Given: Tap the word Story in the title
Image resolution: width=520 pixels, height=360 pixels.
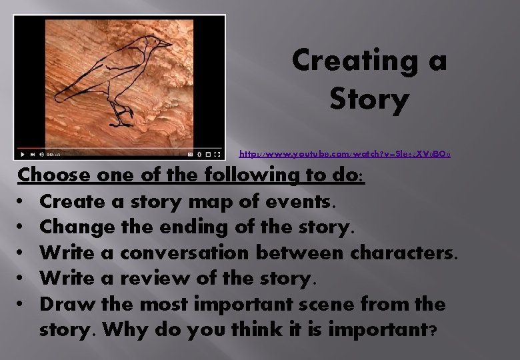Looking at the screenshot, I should pyautogui.click(x=369, y=100).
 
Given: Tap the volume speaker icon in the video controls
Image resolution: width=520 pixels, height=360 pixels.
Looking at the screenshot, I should pyautogui.click(x=41, y=153).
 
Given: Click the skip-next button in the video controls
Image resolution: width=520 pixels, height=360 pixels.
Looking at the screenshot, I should pyautogui.click(x=31, y=153).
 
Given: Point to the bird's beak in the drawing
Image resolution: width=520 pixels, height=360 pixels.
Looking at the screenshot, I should pyautogui.click(x=166, y=44).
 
